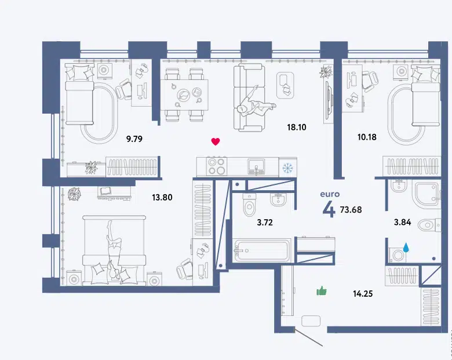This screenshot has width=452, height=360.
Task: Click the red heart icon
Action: pos(216,141)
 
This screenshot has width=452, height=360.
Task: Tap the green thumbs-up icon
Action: pos(322,291)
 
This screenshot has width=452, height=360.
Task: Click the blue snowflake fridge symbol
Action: pos(287,168)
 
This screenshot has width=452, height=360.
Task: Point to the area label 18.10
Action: pos(297,127)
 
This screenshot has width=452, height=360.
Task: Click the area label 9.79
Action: pos(134,139)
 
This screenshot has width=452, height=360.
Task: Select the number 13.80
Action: pos(162,197)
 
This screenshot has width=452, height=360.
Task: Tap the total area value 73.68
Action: pos(351,209)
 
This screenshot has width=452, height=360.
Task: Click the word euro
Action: pos(330,194)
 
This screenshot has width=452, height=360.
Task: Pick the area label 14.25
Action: pos(363,294)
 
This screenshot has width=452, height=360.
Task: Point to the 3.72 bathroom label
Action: pos(265,223)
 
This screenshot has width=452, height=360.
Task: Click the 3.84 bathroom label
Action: pos(402,222)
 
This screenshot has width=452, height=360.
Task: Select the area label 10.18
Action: pos(367,137)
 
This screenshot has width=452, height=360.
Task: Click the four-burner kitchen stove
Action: pos(217,166)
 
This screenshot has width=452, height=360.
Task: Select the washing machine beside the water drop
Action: pos(397,255)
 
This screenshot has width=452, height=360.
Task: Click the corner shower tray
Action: pos(427,195)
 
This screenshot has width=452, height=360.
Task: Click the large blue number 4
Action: pos(329,209)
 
